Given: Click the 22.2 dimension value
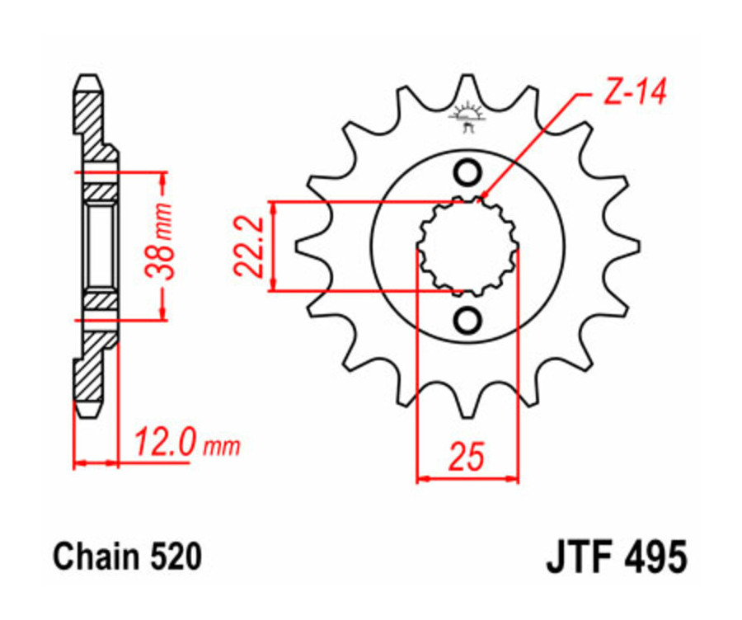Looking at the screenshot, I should click(248, 246).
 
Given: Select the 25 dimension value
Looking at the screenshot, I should click(467, 456).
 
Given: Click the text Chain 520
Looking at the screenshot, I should click(127, 557).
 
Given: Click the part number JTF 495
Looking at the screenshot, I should click(615, 558).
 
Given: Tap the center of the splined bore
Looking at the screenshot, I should click(467, 247).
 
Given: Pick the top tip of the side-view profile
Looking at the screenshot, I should click(90, 79).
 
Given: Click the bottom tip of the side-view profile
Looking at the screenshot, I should click(90, 411).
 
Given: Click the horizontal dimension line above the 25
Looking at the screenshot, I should click(467, 477).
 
